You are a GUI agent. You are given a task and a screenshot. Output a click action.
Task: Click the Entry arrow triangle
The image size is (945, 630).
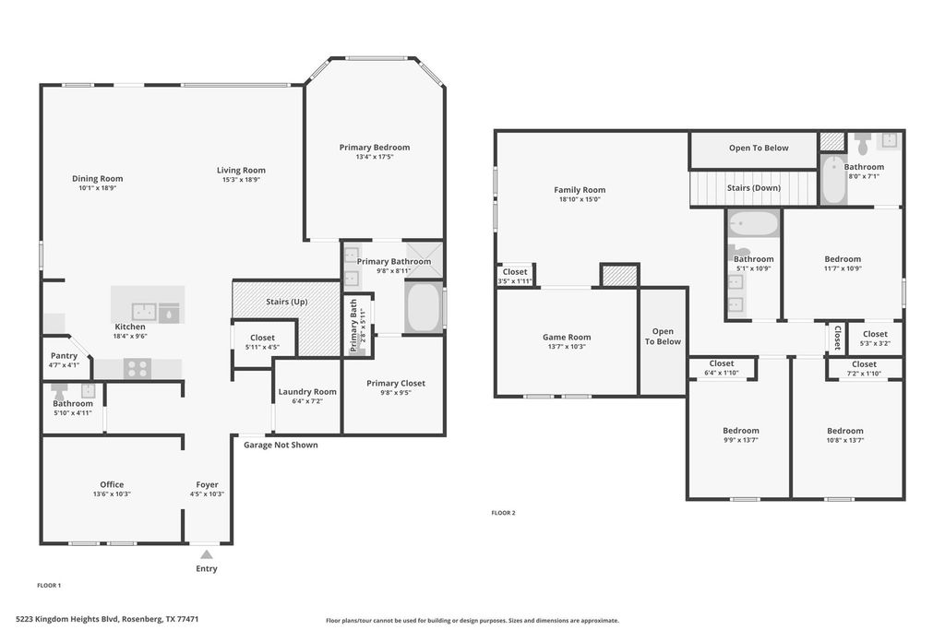207,554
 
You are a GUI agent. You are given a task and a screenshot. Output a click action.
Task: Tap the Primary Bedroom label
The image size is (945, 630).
375,148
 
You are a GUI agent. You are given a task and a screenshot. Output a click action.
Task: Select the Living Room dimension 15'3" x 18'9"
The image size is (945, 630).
241,180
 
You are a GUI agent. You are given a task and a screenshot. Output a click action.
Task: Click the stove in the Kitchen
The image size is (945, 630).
138,368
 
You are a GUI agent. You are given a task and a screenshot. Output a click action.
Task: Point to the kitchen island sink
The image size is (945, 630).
144,312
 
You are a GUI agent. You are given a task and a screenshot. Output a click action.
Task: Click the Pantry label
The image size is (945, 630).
64,356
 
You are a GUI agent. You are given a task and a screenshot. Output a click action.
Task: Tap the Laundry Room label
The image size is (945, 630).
307,392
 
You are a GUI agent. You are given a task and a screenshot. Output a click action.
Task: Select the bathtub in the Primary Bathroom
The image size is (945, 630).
424,306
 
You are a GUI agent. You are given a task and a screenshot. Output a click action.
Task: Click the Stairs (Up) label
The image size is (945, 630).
287,302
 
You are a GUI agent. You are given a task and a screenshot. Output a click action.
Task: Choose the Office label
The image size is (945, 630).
112,484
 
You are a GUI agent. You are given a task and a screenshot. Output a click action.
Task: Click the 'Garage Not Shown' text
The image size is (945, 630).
281,446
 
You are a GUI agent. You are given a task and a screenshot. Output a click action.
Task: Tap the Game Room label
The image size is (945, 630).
567,338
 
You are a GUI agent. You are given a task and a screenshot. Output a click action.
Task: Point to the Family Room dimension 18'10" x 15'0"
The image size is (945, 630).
580,199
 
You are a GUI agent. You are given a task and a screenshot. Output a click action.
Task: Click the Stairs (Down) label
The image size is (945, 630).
754,188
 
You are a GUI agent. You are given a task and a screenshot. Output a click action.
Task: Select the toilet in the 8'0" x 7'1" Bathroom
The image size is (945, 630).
863,143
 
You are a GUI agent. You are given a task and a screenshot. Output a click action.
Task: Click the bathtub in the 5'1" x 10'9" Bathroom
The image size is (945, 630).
753,223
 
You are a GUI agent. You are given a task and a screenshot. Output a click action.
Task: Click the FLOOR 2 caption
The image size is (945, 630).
503,513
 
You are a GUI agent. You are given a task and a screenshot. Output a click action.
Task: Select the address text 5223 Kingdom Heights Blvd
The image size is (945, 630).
67,619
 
